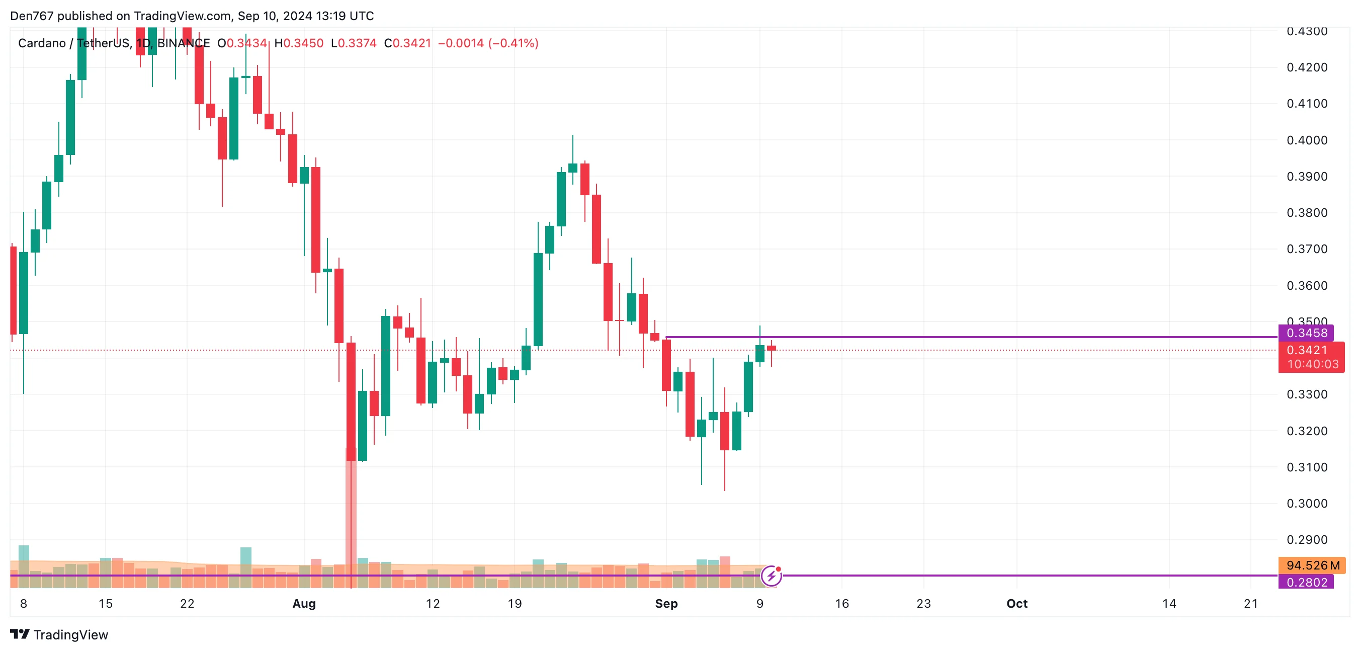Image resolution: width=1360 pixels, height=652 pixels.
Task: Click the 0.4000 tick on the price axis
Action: coord(1307,140)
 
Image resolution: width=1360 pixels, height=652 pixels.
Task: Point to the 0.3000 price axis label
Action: coord(1307,504)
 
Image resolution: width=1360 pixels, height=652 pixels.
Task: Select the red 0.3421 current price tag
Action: coord(1307,350)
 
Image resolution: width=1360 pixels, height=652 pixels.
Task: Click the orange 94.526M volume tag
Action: coord(1312,565)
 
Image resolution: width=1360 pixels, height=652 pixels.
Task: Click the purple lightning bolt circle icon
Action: coord(772,576)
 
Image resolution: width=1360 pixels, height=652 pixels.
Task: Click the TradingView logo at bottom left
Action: coord(59,634)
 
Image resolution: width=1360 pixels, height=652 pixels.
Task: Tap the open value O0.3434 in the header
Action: coord(242,43)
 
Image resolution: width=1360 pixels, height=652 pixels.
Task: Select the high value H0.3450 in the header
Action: coord(299,43)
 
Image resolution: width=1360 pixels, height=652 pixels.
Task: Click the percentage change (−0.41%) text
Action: coord(513,43)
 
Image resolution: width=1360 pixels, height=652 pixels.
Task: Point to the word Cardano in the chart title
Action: coord(42,43)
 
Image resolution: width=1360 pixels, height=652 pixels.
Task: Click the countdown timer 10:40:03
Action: coord(1313,364)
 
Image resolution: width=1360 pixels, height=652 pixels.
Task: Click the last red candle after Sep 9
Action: coord(772,349)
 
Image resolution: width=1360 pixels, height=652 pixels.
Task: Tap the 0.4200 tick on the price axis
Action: coord(1307,67)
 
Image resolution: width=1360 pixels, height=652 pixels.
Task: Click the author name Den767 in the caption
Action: coord(32,16)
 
